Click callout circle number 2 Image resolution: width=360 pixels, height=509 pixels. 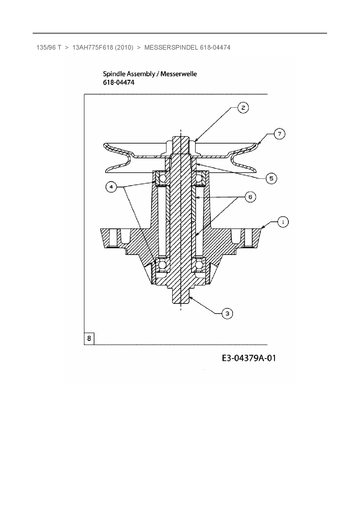(243, 108)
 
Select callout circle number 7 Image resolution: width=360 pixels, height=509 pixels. (279, 134)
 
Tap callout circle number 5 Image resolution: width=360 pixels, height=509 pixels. (271, 178)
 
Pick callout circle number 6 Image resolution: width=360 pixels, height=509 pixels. (250, 197)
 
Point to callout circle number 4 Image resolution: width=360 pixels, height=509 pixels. (111, 187)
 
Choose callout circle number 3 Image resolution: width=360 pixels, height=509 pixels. (227, 313)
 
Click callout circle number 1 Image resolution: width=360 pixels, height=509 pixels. (283, 222)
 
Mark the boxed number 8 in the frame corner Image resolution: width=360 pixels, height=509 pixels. (89, 338)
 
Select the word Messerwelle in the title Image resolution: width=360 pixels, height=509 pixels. (179, 74)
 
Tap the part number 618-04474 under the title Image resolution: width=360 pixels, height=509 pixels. (119, 83)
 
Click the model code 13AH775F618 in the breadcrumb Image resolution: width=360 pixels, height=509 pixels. (92, 48)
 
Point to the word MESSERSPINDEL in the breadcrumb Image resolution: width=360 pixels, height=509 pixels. (171, 48)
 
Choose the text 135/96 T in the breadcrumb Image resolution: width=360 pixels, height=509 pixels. (49, 48)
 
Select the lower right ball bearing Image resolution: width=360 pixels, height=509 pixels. (199, 265)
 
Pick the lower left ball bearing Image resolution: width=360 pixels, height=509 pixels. (162, 265)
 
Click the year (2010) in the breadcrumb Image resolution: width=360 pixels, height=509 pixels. (124, 48)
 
